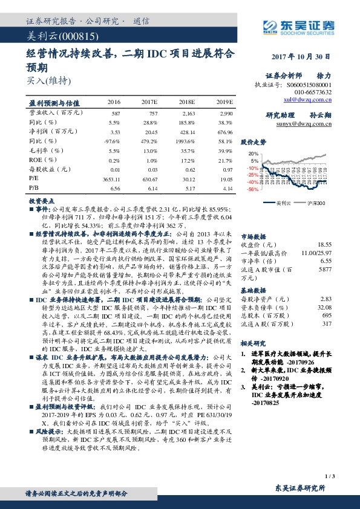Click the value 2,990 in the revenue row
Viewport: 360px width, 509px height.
click(226, 114)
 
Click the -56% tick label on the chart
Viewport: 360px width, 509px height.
click(252, 189)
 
